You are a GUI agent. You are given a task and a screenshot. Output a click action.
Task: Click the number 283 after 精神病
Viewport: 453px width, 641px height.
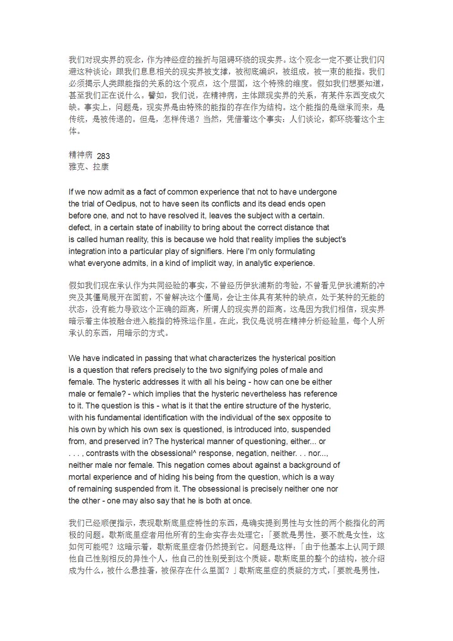tap(103, 156)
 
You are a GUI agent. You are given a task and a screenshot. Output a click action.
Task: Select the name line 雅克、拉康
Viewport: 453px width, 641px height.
tap(89, 167)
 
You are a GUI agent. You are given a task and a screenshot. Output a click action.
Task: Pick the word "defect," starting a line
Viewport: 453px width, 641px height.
tap(80, 228)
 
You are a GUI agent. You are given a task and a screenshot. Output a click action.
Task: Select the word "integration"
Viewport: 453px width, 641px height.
tap(89, 251)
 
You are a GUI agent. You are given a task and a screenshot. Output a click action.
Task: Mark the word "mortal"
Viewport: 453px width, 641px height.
tap(79, 477)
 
